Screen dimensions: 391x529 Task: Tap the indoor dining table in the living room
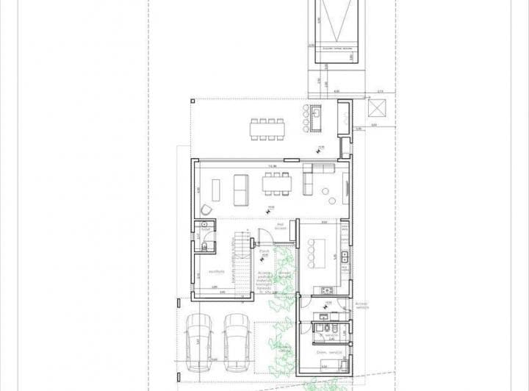tap(276, 184)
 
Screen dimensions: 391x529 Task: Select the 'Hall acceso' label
tap(280, 227)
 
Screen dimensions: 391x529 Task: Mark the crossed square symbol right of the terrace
tap(377, 108)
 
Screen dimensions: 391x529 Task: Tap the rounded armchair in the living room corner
tap(204, 211)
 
